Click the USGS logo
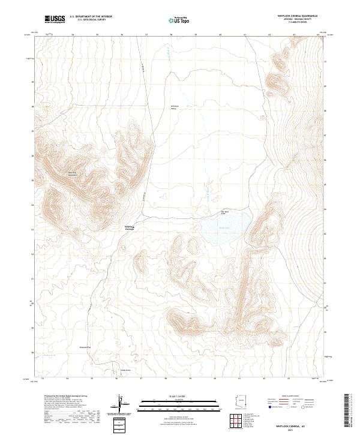55,20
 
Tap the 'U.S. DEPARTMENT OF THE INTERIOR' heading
91,17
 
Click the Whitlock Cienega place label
130,227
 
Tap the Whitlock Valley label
175,107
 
